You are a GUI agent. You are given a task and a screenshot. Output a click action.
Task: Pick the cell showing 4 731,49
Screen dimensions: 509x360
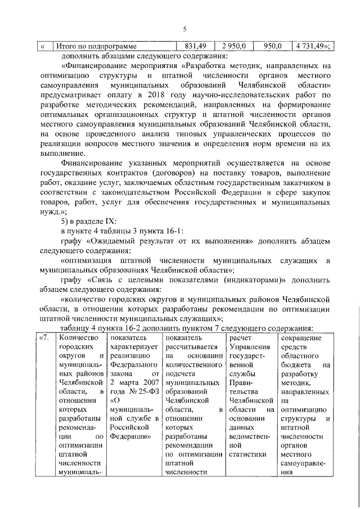pyautogui.click(x=309, y=46)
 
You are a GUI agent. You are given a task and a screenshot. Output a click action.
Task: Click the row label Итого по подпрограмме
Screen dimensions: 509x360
pyautogui.click(x=96, y=46)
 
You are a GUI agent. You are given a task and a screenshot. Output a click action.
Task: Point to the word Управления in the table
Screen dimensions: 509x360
pyautogui.click(x=249, y=347)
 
